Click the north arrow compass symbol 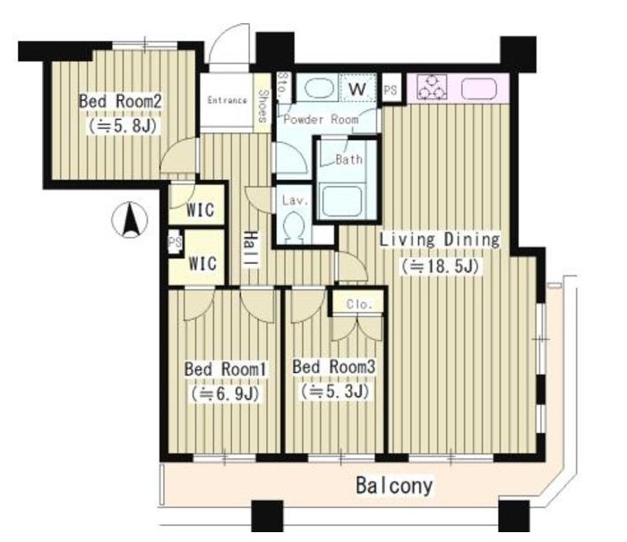[x=129, y=220]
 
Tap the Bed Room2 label [x=120, y=101]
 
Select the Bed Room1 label [x=226, y=369]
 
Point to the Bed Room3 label [x=334, y=367]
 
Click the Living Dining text [x=440, y=240]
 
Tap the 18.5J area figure [x=441, y=267]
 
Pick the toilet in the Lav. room [x=294, y=227]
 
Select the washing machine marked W [x=357, y=88]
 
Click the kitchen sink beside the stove [x=479, y=89]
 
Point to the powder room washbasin [x=319, y=88]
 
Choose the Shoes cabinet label [x=262, y=106]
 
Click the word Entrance [x=228, y=100]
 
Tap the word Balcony [x=394, y=486]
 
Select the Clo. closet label [x=359, y=304]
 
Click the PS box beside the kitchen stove [x=391, y=89]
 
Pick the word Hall [x=251, y=250]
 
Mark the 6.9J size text [x=226, y=394]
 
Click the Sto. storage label [x=283, y=87]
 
